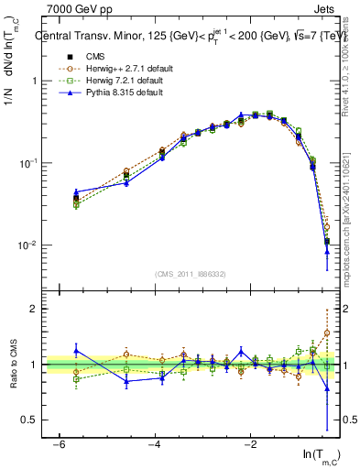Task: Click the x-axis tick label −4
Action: pos(154,444)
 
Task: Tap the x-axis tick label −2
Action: pos(250,444)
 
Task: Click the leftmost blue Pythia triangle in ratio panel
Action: pos(76,350)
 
